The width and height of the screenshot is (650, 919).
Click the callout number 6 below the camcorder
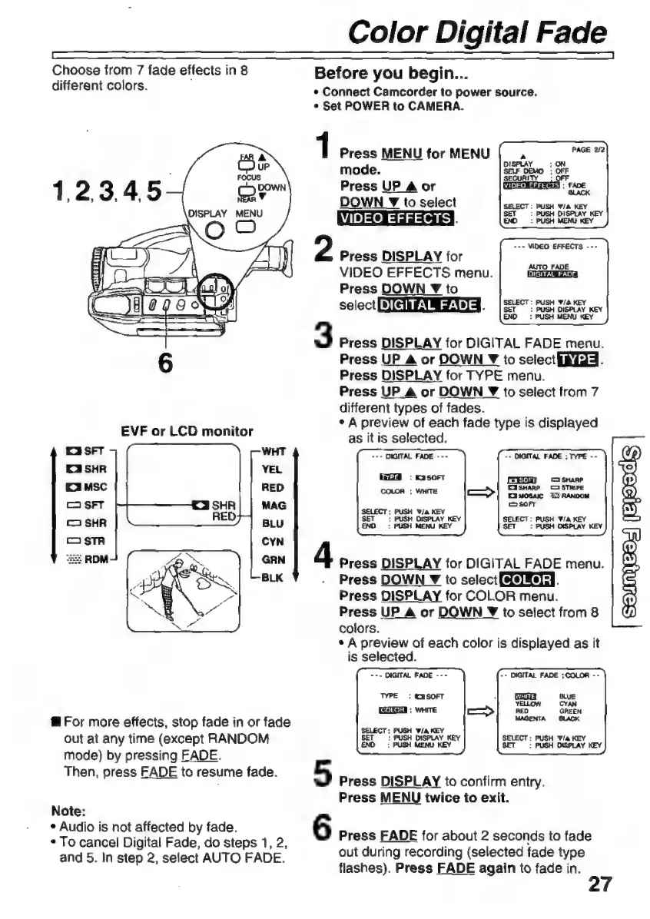point(163,363)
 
